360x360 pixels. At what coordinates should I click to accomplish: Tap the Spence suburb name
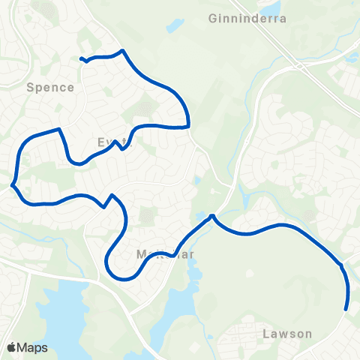pyautogui.click(x=50, y=87)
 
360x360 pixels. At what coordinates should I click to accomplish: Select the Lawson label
pyautogui.click(x=287, y=333)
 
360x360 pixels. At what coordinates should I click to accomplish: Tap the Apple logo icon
pyautogui.click(x=12, y=347)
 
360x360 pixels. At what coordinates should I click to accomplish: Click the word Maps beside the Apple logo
pyautogui.click(x=33, y=347)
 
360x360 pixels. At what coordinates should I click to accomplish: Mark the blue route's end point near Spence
pyautogui.click(x=81, y=58)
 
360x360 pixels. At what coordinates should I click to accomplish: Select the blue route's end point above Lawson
pyautogui.click(x=346, y=308)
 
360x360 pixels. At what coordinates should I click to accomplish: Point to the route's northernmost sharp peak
pyautogui.click(x=122, y=50)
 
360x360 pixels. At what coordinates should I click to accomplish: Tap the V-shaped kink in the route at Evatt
pyautogui.click(x=118, y=146)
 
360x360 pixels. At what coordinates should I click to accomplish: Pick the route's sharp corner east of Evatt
pyautogui.click(x=188, y=125)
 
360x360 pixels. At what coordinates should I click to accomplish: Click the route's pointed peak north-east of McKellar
pyautogui.click(x=213, y=216)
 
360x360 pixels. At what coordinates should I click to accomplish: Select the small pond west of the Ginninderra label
pyautogui.click(x=174, y=25)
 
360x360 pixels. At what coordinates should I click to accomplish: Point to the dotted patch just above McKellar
pyautogui.click(x=146, y=217)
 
